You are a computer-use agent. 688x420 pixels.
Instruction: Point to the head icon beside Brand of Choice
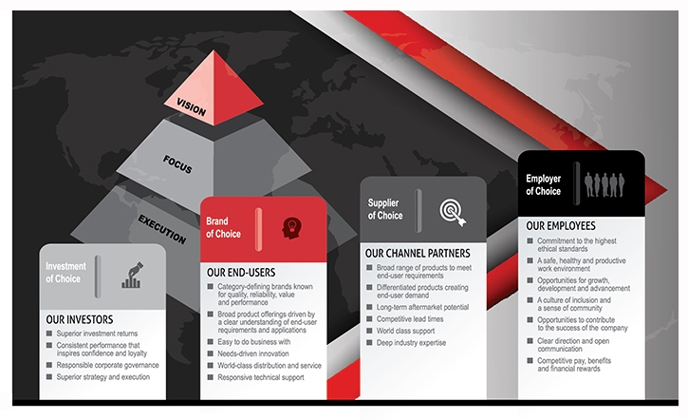(290, 227)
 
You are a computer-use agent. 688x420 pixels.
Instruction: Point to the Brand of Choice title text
(224, 227)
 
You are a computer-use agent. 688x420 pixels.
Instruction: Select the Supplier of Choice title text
(385, 209)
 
